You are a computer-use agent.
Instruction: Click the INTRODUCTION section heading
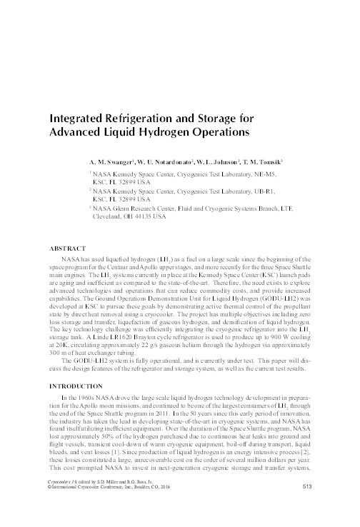(76, 386)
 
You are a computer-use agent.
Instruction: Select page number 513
(308, 508)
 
